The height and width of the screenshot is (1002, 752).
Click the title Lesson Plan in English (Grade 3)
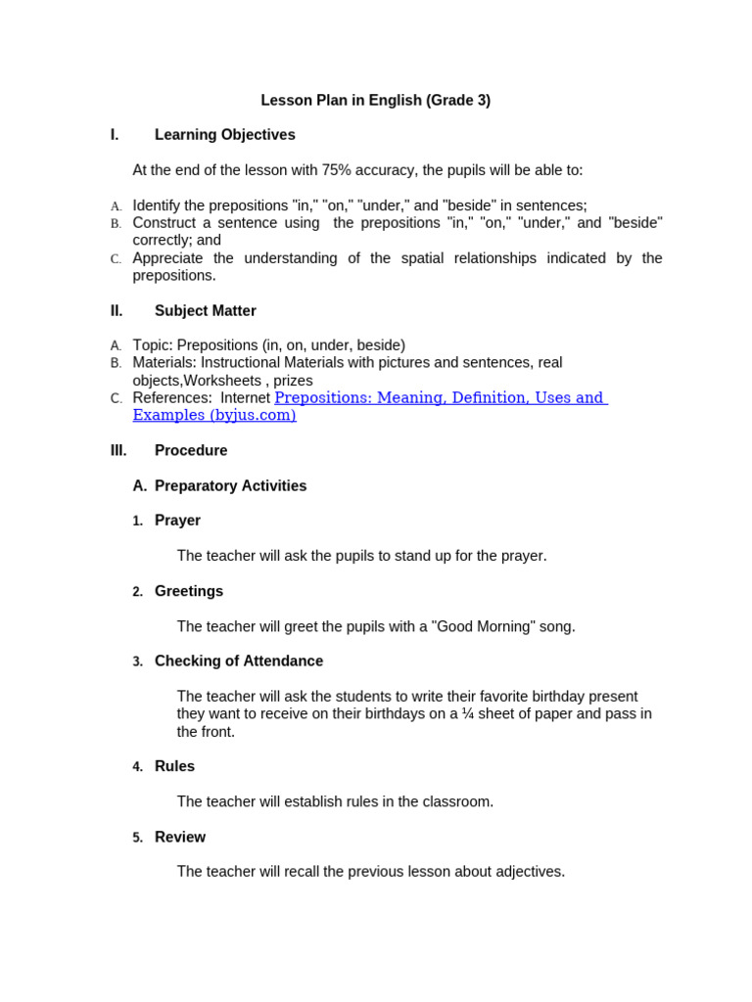[375, 100]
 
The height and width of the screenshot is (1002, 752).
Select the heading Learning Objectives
[224, 135]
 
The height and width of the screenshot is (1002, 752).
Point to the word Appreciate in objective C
[168, 258]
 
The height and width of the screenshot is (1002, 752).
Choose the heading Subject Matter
[205, 311]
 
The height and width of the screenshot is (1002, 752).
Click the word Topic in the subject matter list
[151, 345]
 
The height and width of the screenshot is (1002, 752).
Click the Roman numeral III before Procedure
[118, 451]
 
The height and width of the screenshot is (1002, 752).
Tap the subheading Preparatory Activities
[230, 486]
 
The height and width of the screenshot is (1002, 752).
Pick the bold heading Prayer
[177, 521]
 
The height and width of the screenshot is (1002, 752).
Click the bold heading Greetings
[189, 591]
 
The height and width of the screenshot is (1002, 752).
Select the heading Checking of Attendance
[239, 661]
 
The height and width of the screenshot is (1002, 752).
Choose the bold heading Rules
[174, 766]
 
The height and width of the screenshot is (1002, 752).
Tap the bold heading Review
[180, 837]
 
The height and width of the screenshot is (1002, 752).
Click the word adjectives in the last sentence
[529, 871]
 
